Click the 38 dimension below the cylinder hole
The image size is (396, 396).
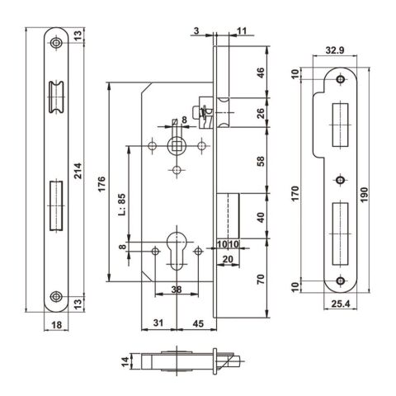[177, 290]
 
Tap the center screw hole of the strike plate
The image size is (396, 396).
[339, 179]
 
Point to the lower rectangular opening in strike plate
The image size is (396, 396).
[339, 232]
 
